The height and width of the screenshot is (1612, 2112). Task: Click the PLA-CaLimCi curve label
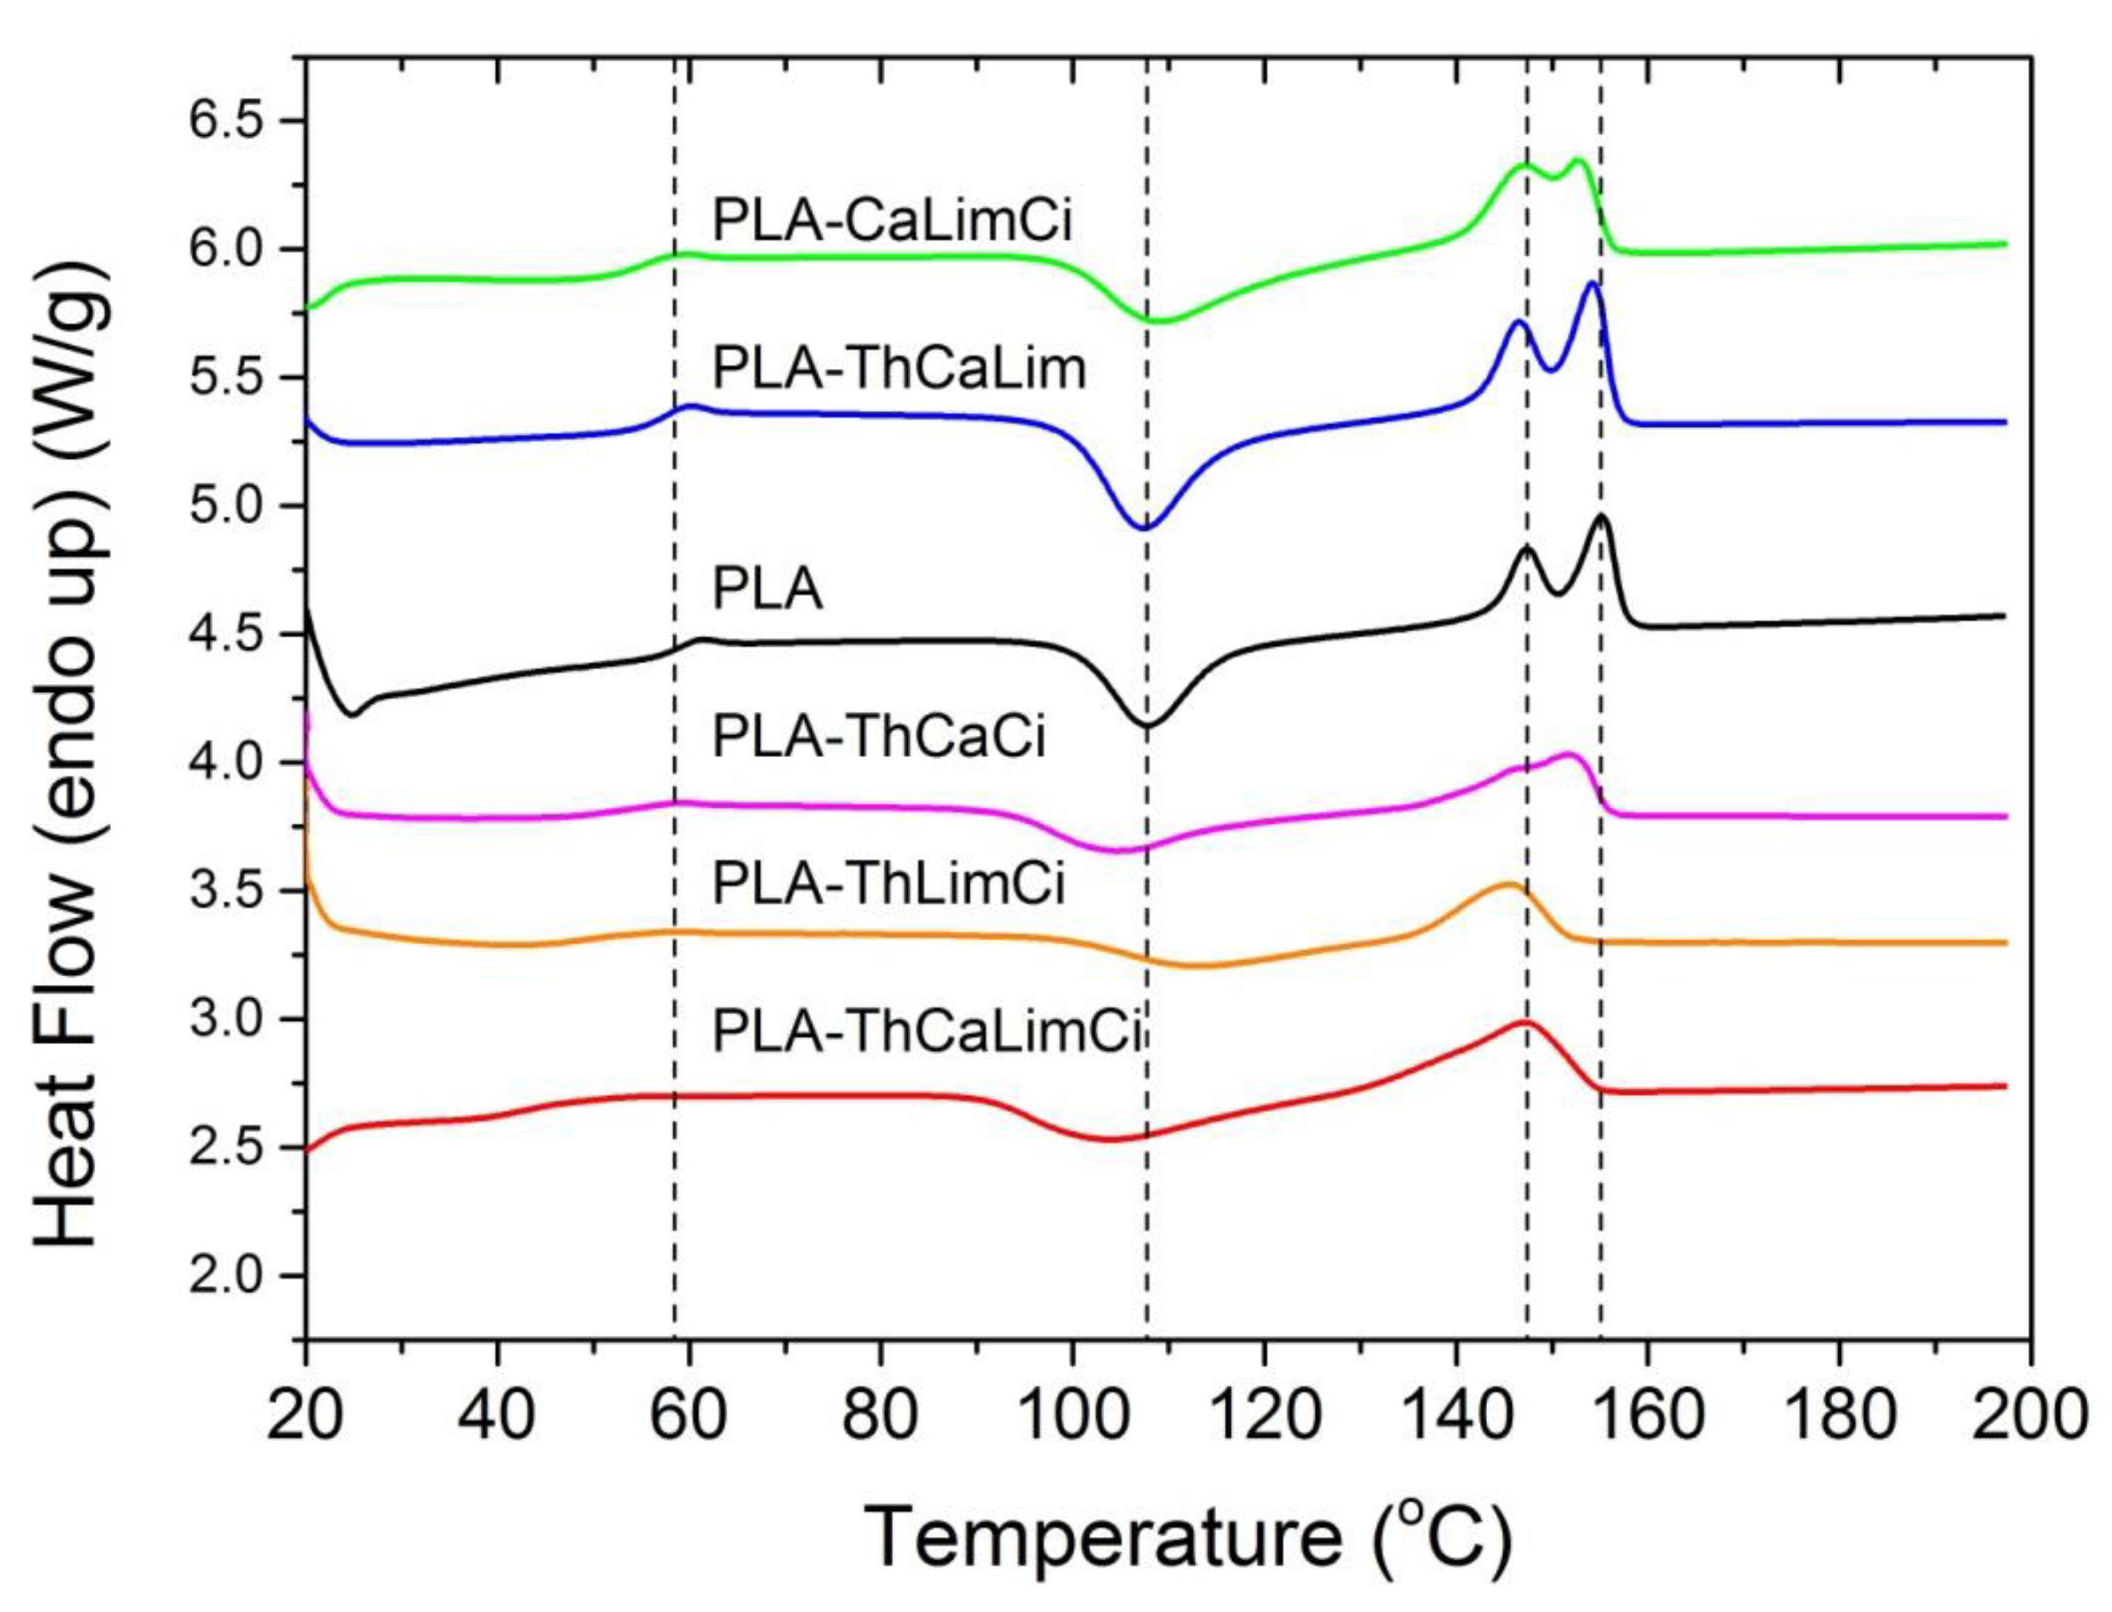[892, 221]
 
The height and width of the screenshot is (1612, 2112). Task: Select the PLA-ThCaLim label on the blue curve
[899, 370]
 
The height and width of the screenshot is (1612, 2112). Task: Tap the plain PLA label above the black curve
[767, 590]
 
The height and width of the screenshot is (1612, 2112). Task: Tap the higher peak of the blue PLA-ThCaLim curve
[1592, 283]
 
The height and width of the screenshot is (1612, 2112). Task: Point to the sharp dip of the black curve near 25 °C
[352, 715]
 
